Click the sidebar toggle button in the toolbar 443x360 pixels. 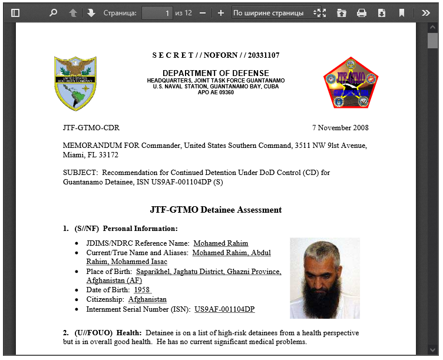click(15, 12)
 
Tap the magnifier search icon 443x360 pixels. click(53, 12)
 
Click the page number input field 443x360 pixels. click(157, 12)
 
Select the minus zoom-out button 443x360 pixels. click(203, 12)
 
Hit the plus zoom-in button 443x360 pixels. click(221, 12)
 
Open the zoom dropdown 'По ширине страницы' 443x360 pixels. click(272, 12)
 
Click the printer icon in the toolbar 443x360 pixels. click(362, 12)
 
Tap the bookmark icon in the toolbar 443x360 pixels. click(402, 12)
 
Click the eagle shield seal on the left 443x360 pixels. click(75, 83)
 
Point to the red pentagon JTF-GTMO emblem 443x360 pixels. click(351, 83)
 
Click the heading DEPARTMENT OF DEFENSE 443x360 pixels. click(216, 73)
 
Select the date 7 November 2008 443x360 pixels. click(340, 128)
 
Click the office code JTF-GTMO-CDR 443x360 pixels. click(91, 128)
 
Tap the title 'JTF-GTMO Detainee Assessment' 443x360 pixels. click(216, 210)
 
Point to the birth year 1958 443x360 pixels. click(142, 290)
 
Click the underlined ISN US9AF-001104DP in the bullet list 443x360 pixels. click(224, 309)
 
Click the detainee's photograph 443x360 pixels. click(325, 278)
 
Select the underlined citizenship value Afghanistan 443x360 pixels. click(147, 299)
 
